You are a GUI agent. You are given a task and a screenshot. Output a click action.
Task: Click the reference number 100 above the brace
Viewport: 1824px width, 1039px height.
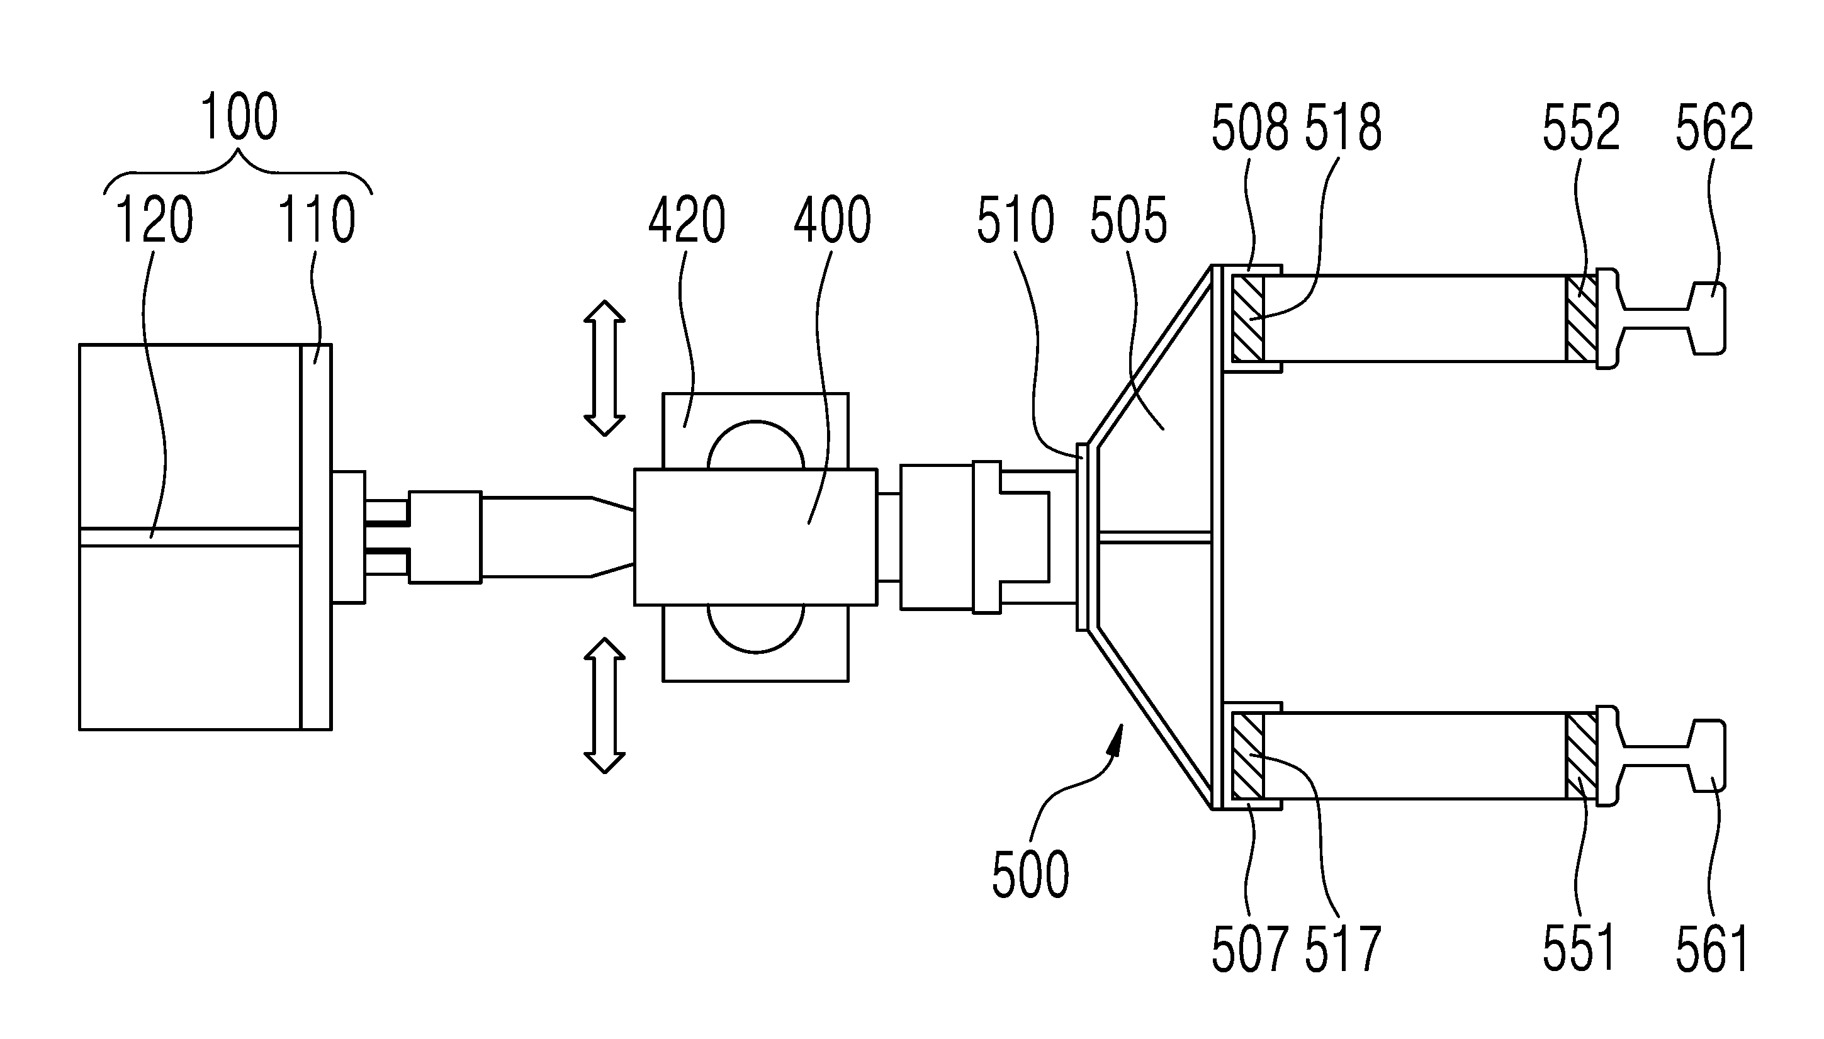point(239,117)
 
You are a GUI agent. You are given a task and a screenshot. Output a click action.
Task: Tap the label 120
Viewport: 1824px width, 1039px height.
point(154,220)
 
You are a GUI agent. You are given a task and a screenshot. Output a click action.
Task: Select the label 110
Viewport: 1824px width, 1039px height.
point(316,220)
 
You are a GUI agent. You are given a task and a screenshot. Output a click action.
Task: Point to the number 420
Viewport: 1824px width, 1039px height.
point(687,220)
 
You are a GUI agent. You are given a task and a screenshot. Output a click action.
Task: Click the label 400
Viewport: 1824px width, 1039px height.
point(832,220)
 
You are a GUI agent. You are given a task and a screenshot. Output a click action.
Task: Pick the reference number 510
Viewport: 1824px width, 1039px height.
point(1015,220)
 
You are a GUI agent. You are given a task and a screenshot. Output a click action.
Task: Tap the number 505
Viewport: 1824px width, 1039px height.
point(1129,220)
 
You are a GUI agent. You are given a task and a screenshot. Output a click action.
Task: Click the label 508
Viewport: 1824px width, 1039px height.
point(1250,127)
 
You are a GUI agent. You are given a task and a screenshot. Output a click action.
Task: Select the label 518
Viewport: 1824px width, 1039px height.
point(1343,127)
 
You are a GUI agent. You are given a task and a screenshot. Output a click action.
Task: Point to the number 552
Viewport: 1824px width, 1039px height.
point(1580,127)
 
